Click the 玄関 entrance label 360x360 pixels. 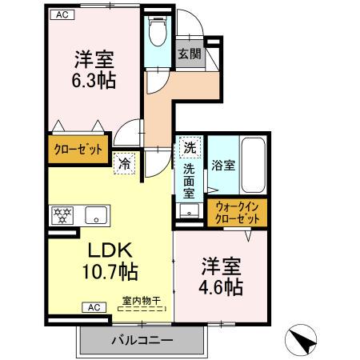[189, 54]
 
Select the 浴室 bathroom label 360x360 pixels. [223, 166]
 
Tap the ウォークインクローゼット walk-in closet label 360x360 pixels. [238, 213]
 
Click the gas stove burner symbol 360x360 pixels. [61, 214]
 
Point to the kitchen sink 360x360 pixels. [95, 214]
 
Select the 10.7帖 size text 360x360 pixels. [110, 271]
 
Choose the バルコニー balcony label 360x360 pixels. [142, 340]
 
